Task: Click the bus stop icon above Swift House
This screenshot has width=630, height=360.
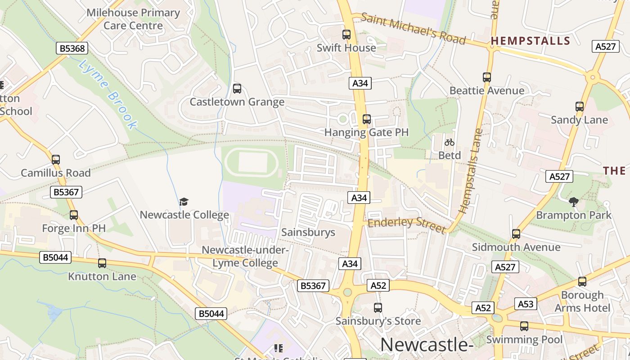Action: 346,35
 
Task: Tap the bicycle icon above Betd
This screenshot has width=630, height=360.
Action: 449,142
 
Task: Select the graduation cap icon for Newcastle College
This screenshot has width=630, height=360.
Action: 184,202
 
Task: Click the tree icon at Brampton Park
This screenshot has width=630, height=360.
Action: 573,202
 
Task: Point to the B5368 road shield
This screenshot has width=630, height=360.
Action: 72,48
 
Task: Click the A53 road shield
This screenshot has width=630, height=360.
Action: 525,304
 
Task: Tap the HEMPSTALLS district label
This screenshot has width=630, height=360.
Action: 530,41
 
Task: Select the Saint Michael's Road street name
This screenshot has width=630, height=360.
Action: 413,29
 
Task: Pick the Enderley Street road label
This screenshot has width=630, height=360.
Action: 406,225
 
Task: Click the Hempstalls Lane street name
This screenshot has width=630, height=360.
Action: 471,171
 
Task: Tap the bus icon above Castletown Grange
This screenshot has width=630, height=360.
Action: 237,89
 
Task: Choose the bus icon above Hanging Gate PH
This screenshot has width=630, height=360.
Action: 367,119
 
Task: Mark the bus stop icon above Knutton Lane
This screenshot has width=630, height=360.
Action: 102,263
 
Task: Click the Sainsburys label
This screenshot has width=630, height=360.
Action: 308,232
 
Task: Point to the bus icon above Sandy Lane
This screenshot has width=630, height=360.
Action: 580,107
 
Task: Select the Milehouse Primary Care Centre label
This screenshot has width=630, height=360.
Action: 133,19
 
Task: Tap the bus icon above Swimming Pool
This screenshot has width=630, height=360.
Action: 524,326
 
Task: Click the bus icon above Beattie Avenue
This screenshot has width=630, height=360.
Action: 487,77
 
